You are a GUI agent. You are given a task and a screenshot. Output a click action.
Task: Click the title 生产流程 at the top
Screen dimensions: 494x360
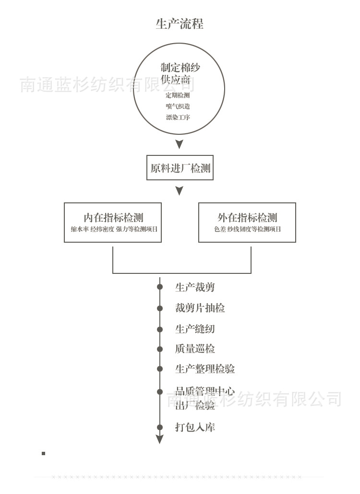(x=180, y=24)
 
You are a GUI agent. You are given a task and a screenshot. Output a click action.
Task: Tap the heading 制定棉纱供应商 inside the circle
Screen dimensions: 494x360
(x=180, y=73)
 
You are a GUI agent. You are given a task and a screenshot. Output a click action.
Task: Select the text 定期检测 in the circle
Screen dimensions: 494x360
(x=178, y=95)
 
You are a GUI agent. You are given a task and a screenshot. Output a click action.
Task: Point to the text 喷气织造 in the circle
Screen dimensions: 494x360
(x=178, y=106)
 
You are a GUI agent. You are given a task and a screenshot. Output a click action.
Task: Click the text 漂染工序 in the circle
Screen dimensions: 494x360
(x=178, y=118)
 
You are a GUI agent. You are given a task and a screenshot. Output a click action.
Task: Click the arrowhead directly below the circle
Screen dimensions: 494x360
(x=179, y=144)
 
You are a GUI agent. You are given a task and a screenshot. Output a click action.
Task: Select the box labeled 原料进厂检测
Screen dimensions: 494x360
(x=180, y=168)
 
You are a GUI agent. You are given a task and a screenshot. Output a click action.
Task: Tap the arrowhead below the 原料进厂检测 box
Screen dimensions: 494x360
(x=179, y=191)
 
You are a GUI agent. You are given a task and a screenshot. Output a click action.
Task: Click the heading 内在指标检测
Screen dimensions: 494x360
(x=113, y=218)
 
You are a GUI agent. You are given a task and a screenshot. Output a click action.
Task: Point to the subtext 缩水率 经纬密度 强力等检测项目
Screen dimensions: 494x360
(x=114, y=229)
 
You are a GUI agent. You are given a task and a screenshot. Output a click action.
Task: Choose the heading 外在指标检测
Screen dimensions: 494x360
(x=247, y=218)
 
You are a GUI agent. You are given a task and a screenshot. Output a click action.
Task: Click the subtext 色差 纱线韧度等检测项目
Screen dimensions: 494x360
(x=247, y=229)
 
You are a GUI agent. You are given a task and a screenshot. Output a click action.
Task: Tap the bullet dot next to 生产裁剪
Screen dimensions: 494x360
(x=160, y=287)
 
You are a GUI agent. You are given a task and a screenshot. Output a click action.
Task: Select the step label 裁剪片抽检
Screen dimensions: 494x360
(x=200, y=308)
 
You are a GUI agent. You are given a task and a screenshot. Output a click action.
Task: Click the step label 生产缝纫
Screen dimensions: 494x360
(x=195, y=329)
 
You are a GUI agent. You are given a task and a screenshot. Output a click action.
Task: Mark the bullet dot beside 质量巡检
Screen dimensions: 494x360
(x=160, y=349)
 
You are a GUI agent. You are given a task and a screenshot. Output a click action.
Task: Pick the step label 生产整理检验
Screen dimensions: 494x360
(x=205, y=369)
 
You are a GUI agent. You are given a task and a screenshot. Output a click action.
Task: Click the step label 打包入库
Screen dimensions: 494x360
(x=195, y=427)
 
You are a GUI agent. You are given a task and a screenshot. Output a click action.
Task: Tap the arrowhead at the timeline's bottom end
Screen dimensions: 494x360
(x=160, y=439)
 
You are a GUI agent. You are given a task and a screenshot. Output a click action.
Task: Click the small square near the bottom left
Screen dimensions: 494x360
(x=43, y=453)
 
